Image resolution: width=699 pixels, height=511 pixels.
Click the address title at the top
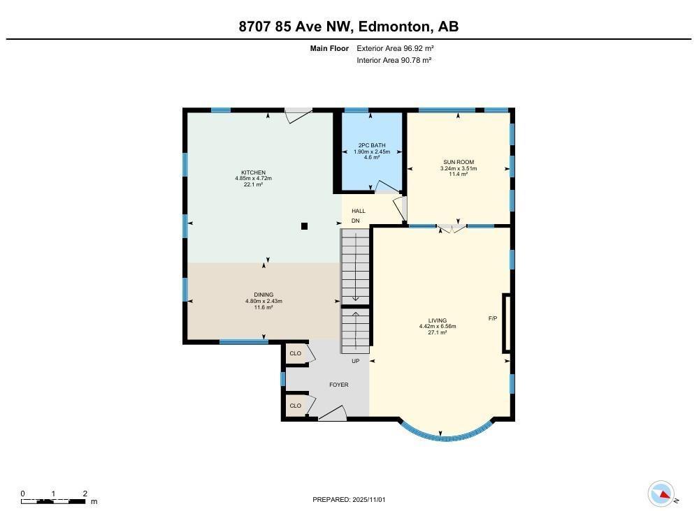349,27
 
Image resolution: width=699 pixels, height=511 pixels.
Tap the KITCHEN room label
253,172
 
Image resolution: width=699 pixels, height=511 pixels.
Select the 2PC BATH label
371,146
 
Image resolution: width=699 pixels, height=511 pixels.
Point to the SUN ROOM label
459,162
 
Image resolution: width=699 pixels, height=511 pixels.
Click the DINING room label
264,295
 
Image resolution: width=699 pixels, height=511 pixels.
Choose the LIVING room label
438,320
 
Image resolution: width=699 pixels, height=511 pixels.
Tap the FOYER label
339,385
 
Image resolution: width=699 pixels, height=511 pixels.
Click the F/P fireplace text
492,318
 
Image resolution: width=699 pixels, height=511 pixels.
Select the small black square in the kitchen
304,225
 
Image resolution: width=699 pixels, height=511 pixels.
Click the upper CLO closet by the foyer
295,353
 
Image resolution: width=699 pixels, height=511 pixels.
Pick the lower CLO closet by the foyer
295,406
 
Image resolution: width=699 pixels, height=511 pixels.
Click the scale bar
55,501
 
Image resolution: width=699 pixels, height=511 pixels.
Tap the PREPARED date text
349,499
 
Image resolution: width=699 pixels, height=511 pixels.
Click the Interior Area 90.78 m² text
394,60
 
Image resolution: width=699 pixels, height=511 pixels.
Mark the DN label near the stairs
355,221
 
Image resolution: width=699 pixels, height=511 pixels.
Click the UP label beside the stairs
355,361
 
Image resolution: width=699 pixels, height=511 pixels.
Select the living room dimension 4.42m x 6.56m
438,327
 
